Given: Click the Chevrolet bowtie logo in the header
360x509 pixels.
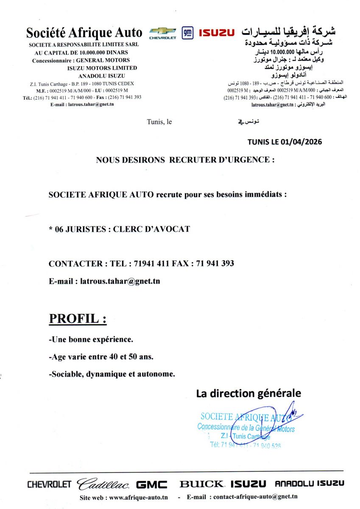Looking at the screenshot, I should tap(162, 32).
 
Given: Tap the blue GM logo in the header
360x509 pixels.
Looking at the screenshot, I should tap(187, 33).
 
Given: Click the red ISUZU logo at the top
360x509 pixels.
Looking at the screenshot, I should tap(216, 33).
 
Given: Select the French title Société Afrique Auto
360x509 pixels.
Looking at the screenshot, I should tap(84, 33).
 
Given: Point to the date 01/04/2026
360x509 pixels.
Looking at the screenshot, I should tap(301, 142).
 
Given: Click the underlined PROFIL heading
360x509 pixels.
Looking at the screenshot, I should tap(78, 319).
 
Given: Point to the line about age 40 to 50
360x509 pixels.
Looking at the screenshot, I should tap(101, 357).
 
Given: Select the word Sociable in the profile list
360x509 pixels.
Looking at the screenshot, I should tap(67, 374).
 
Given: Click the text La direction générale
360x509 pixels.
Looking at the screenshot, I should tap(248, 393).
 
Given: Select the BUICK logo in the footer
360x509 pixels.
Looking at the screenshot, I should tap(201, 484).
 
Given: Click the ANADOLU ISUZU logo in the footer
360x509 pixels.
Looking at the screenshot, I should tap(310, 484).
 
